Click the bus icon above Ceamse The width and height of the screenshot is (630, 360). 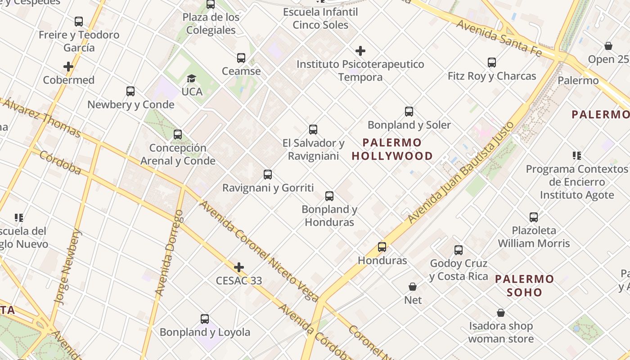(241, 58)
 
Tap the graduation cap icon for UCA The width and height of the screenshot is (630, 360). (192, 79)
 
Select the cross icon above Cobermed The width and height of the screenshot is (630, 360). (68, 67)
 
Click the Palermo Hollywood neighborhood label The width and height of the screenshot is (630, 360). (392, 149)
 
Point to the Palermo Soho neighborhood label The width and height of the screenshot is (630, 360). (524, 286)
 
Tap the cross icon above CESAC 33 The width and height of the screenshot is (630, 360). (239, 268)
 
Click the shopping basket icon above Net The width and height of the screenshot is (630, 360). (413, 287)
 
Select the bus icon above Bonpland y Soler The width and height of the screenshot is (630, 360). (409, 112)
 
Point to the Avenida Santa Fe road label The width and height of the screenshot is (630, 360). (499, 37)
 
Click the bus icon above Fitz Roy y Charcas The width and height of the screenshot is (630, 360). (492, 63)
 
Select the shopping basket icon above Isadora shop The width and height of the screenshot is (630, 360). (501, 313)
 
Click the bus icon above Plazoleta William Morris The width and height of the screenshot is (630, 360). (534, 217)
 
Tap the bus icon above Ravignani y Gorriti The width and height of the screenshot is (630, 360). (268, 175)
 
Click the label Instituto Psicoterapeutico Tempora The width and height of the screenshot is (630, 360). (360, 71)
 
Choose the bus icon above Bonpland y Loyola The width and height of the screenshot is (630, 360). (205, 319)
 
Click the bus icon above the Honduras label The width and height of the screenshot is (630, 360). (382, 247)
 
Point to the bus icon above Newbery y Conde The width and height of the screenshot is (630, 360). (130, 91)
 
